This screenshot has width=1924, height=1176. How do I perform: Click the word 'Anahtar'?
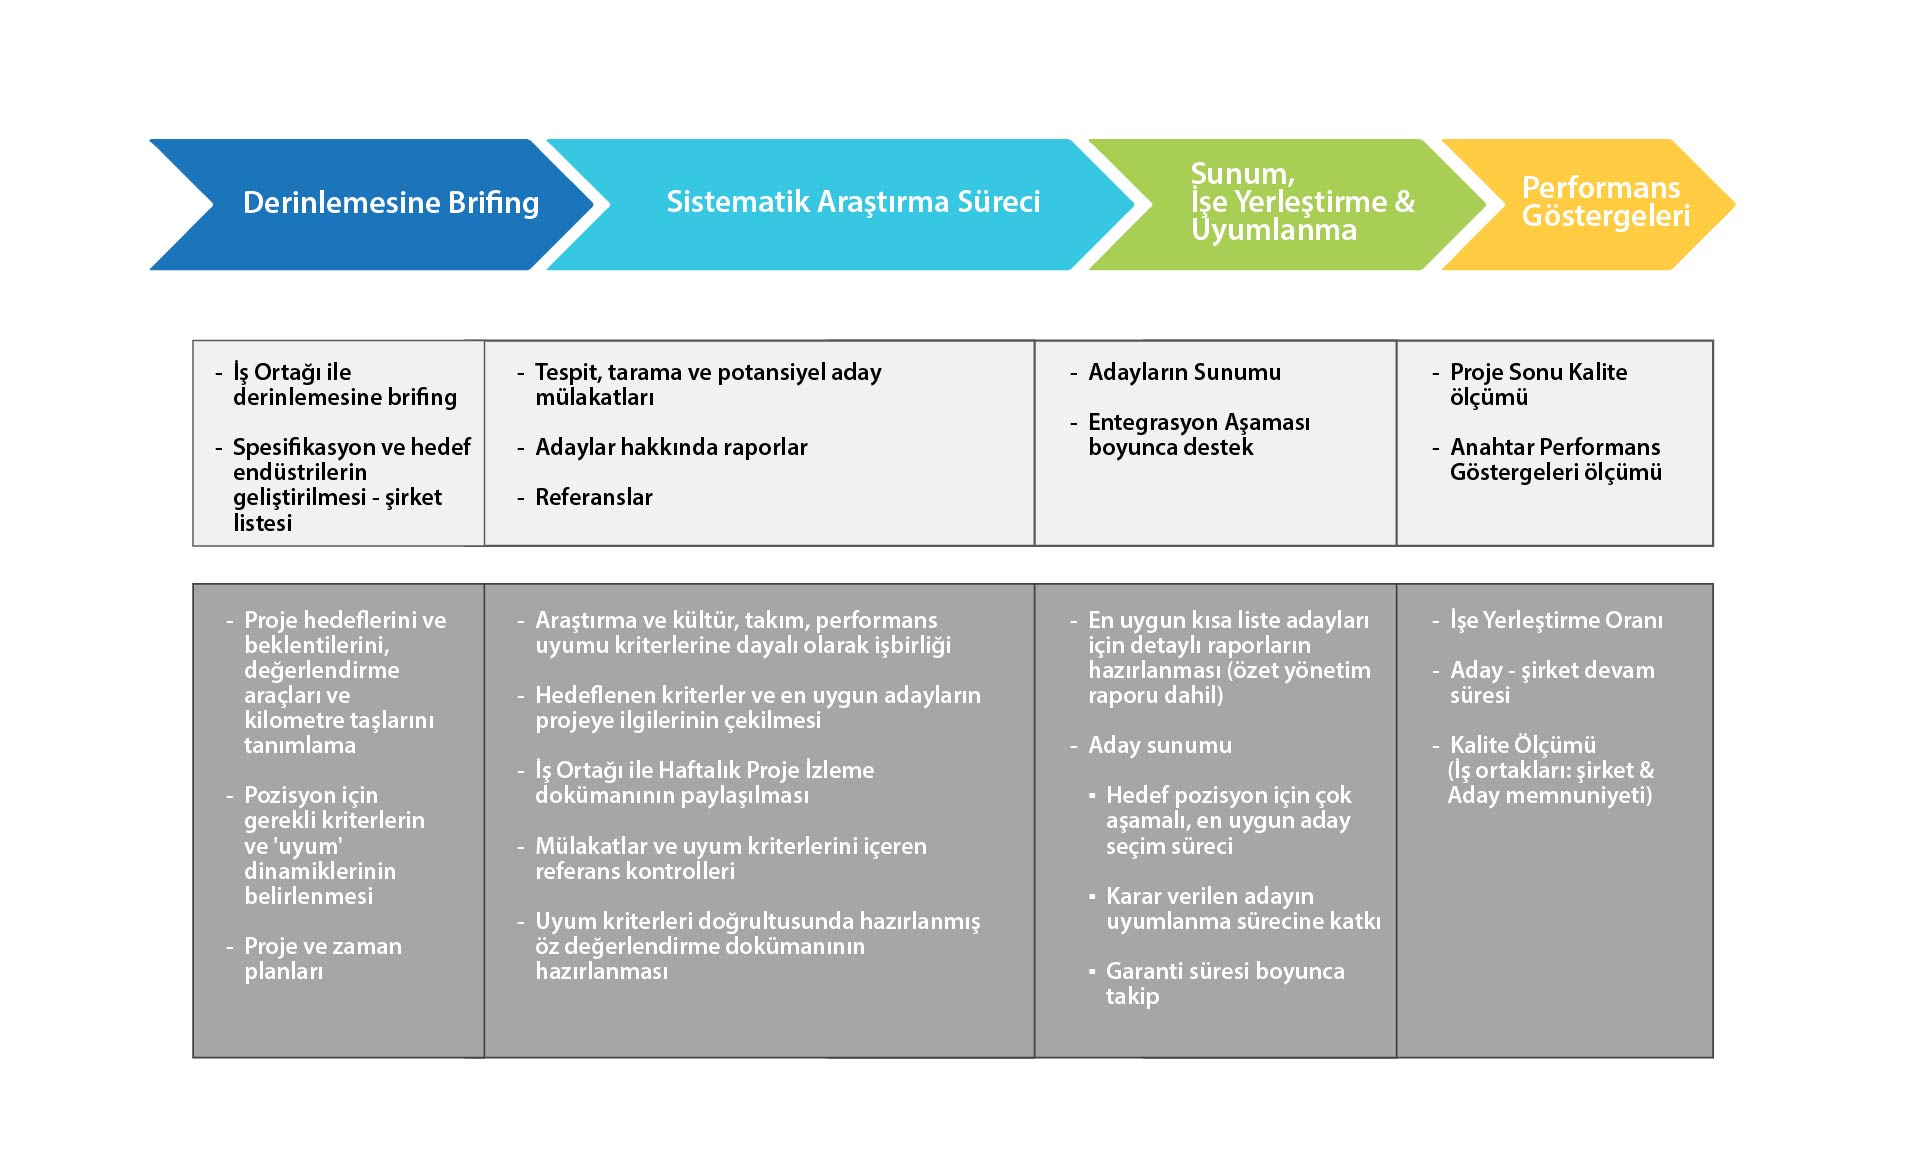pos(1488,447)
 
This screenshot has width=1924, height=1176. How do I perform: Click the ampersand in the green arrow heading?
pos(1405,202)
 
